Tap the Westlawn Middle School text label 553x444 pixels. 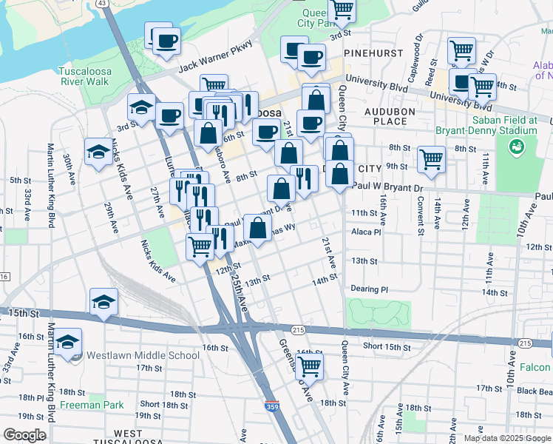point(143,355)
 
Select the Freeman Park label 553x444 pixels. point(92,405)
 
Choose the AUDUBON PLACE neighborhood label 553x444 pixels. point(390,116)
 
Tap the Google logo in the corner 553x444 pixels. point(25,434)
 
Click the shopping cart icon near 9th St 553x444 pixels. point(430,158)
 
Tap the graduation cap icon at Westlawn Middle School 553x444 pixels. point(69,342)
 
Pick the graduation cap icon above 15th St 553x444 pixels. point(104,301)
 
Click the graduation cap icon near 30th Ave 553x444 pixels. point(98,152)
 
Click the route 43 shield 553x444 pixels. point(102,4)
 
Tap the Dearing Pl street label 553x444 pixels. point(370,289)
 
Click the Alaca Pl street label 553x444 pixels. point(366,232)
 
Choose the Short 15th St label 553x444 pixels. point(387,346)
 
